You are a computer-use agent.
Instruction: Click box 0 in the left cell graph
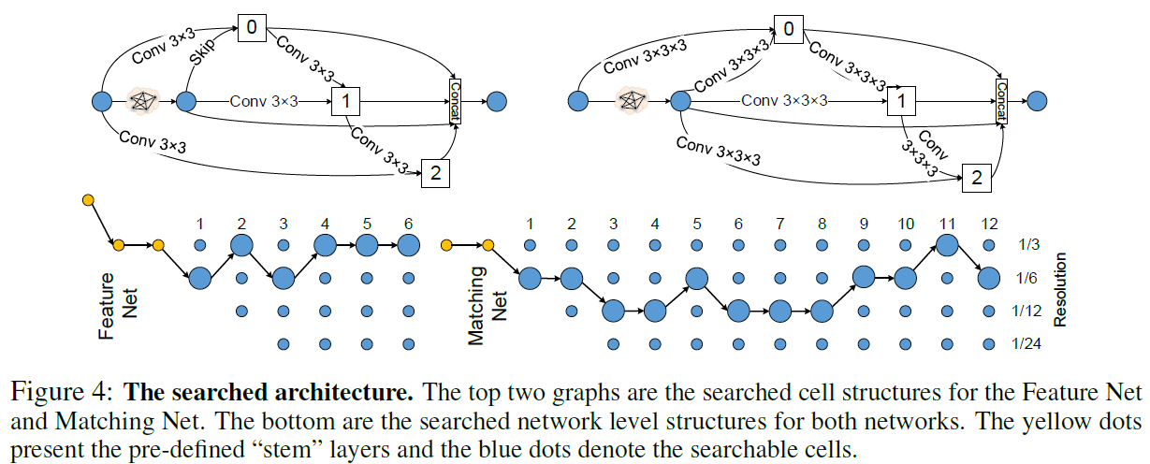pos(252,27)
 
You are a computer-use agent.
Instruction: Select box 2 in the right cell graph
pos(976,178)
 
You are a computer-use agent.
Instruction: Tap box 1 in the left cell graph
pos(346,100)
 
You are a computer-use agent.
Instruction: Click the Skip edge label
pos(203,52)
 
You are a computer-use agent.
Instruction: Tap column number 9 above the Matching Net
pos(863,225)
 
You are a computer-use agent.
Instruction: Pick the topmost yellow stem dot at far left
pos(88,200)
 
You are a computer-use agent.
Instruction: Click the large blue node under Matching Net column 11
pos(946,246)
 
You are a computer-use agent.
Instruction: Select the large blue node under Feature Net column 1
pos(200,278)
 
